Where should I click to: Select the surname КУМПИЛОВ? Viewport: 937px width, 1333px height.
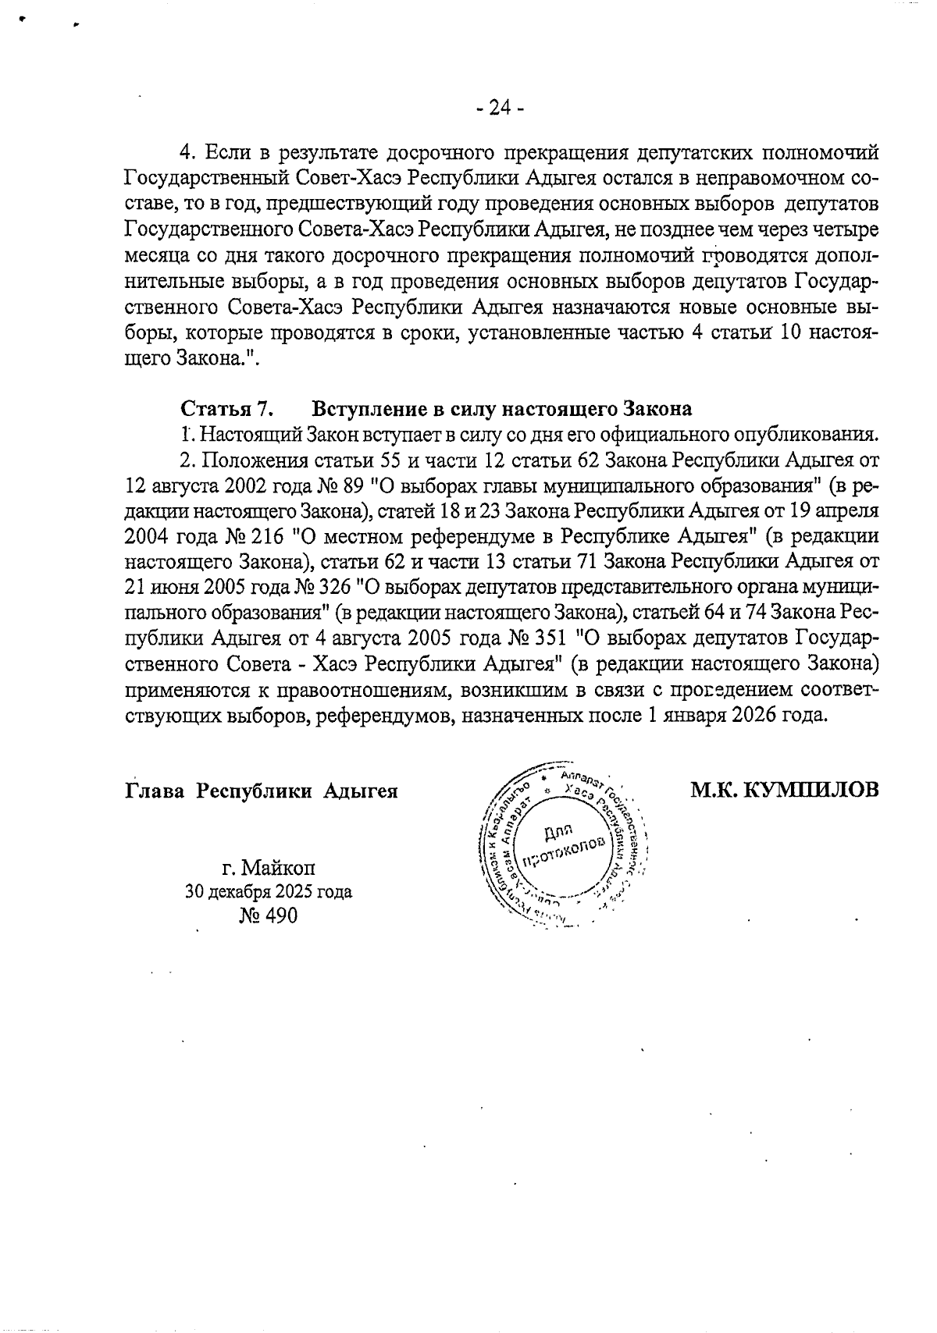(x=811, y=790)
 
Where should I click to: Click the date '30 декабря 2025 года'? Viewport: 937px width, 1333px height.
(x=268, y=891)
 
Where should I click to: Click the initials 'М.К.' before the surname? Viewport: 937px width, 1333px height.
(x=713, y=790)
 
